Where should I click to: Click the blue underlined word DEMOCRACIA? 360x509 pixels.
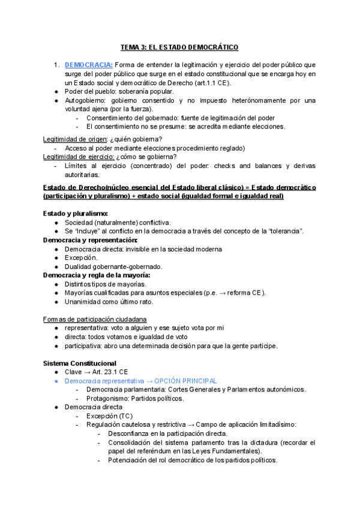88,65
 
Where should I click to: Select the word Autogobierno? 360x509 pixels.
86,100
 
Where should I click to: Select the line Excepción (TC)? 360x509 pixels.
109,416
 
